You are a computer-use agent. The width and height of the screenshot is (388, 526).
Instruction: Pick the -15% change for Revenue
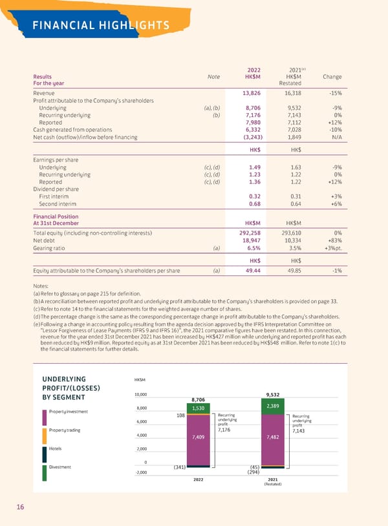tap(334, 94)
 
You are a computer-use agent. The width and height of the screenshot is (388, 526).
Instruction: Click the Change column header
tap(332, 77)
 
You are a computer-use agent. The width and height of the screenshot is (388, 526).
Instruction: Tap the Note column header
tap(213, 77)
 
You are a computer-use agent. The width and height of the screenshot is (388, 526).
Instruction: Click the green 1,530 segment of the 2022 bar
tap(199, 408)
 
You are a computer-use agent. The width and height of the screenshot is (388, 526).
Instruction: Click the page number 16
tap(21, 507)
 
